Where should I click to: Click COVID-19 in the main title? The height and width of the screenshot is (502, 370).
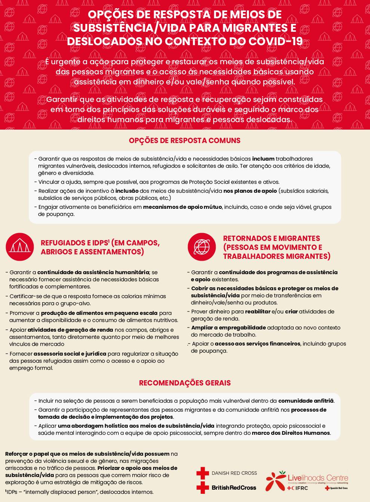click(x=276, y=41)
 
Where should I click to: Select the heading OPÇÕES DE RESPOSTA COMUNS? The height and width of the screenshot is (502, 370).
click(x=185, y=141)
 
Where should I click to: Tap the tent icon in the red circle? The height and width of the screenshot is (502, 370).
click(x=20, y=247)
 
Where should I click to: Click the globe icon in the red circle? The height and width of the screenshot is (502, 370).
click(x=202, y=247)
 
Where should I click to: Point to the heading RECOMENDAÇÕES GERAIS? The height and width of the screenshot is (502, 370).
click(x=185, y=383)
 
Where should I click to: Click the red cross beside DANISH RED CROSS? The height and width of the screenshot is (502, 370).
click(x=203, y=473)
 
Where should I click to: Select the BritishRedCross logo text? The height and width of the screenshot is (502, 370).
click(x=234, y=488)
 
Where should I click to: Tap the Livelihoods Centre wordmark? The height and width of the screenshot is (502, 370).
click(x=318, y=478)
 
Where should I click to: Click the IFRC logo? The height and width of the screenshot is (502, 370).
click(x=297, y=488)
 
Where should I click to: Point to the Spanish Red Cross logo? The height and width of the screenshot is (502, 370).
click(x=336, y=488)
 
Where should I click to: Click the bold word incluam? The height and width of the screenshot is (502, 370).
click(x=263, y=159)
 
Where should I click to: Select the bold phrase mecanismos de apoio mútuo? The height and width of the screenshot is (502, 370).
click(x=182, y=207)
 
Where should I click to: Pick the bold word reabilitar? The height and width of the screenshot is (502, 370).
click(x=258, y=312)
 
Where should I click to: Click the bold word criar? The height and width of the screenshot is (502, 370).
click(x=291, y=312)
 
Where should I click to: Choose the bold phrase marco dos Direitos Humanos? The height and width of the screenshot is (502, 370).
click(x=291, y=433)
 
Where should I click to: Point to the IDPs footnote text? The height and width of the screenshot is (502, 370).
click(x=79, y=492)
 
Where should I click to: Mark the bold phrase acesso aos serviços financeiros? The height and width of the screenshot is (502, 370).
click(x=258, y=344)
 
